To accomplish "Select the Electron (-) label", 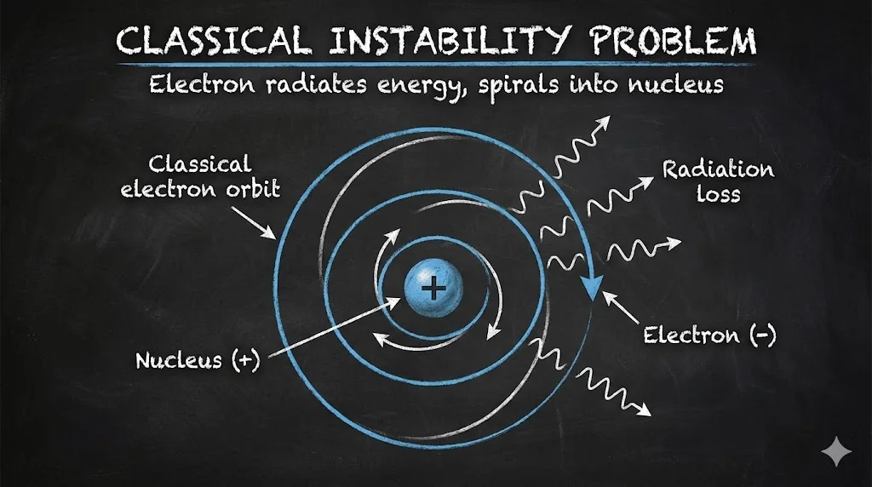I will pyautogui.click(x=709, y=335).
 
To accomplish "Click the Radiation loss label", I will pyautogui.click(x=719, y=181).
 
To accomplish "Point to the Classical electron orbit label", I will pyautogui.click(x=201, y=176).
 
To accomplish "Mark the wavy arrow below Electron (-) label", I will pyautogui.click(x=610, y=390).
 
